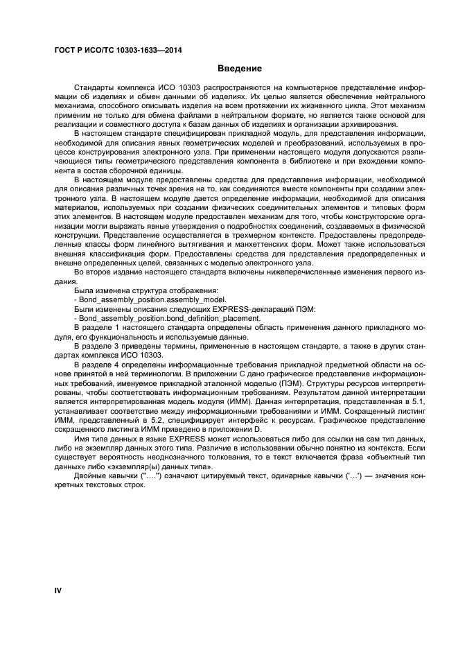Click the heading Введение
tap(239, 69)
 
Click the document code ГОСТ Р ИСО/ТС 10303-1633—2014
tap(113, 51)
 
